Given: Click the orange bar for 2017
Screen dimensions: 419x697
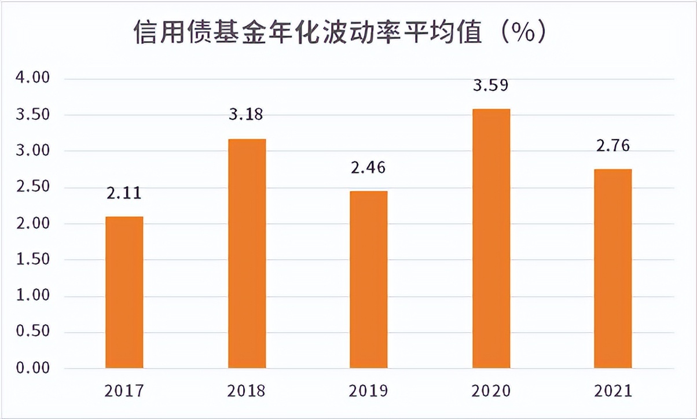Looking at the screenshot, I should tap(124, 292).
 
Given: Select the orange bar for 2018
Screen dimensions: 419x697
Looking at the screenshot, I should tap(247, 253).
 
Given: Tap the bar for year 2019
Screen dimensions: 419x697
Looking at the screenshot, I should tap(368, 280).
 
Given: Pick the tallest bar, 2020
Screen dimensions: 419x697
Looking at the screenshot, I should tap(491, 238).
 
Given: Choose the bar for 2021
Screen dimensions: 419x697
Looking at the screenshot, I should tap(613, 269).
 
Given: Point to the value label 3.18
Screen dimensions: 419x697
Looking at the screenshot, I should tap(245, 114).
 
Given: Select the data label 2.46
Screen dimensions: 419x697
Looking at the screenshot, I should tap(368, 168).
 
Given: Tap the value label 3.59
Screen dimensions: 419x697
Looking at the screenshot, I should tap(491, 86).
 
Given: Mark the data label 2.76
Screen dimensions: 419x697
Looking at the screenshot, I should tap(612, 145).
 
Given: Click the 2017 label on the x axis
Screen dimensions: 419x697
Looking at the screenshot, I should tap(124, 391).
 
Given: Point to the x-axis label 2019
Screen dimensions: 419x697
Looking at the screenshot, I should tap(368, 391).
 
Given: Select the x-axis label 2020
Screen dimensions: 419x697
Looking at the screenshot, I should tap(491, 391).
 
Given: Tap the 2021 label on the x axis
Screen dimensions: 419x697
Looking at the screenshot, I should tap(613, 391).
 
